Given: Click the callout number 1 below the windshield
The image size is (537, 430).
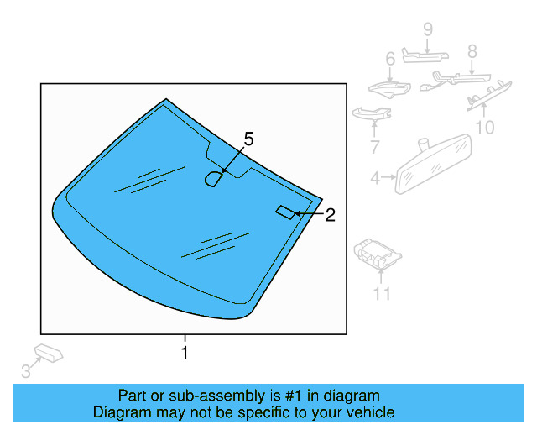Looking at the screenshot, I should (185, 353).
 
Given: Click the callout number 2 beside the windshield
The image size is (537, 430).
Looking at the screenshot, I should (330, 215).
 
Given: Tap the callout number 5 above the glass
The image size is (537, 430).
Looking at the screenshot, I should (248, 139).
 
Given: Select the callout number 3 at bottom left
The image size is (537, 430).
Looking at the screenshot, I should (25, 370).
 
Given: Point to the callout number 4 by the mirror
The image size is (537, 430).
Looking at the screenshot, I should (375, 177).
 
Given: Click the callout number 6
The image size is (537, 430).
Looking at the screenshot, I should (390, 60).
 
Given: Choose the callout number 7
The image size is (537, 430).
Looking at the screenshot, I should (374, 147).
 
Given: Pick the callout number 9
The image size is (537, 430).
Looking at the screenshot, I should (427, 30).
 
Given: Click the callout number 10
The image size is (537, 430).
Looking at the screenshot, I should (485, 128).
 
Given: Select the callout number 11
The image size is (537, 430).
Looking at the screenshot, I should (382, 293).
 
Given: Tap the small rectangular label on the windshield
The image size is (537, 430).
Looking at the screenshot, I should (285, 212).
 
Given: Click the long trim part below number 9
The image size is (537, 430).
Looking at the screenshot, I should (425, 55).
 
